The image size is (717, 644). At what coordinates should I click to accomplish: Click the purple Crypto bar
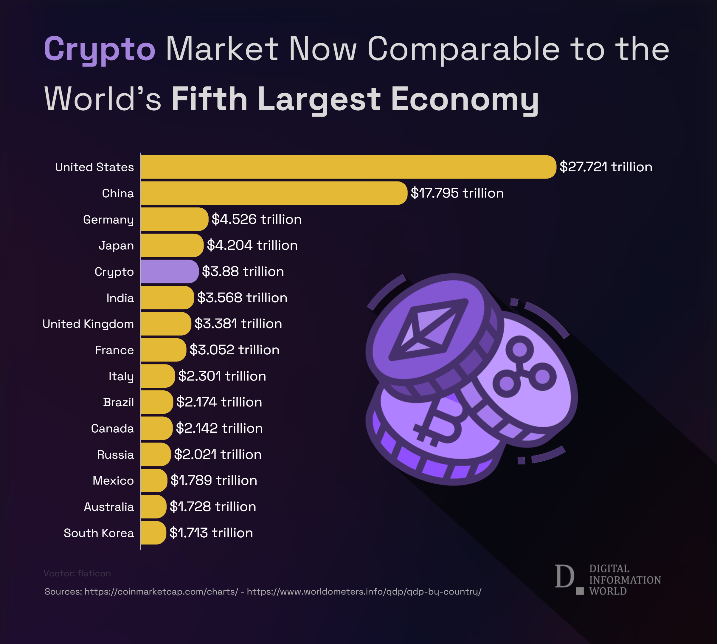point(169,271)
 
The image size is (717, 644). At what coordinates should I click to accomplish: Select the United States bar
point(348,167)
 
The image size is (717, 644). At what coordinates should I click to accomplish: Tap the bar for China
point(274,193)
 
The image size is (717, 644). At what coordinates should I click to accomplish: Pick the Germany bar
point(174,219)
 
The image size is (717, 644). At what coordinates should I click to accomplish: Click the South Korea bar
point(153,533)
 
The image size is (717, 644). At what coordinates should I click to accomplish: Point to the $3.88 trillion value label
point(243,271)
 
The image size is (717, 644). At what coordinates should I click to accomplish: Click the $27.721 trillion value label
point(606,167)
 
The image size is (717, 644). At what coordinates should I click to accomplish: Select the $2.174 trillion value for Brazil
point(219,402)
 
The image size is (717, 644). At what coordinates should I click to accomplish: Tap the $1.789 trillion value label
point(214,480)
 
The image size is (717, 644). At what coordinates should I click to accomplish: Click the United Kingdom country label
point(88,324)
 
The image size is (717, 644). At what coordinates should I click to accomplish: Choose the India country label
point(120,298)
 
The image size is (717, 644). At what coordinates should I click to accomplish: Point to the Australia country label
point(109,507)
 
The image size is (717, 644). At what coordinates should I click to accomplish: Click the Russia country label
point(115,454)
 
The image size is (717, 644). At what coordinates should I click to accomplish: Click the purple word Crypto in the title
point(100,49)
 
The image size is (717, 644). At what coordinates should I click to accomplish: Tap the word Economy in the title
point(465,100)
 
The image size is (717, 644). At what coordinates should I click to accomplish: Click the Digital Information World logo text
point(625,580)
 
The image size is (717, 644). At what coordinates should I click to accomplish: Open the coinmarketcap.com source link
point(161,591)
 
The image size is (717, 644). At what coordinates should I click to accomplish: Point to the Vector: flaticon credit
point(77,573)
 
